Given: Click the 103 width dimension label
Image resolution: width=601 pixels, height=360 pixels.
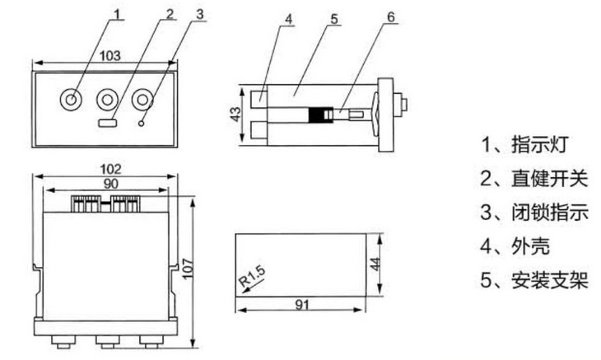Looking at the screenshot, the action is tap(110, 55).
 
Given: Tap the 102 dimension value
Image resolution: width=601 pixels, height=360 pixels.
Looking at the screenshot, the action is tap(110, 169).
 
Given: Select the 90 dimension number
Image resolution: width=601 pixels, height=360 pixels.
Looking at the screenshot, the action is tap(111, 184).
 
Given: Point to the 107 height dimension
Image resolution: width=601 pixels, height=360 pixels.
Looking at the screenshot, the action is tap(188, 269).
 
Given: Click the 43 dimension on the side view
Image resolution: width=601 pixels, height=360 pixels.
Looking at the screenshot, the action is tap(235, 114).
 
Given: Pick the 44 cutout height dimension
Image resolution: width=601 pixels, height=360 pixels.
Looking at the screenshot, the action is tap(375, 264).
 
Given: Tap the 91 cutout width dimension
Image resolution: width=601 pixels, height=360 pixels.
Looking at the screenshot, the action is tap(302, 305).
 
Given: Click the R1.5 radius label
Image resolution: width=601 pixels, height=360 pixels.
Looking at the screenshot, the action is tap(252, 276).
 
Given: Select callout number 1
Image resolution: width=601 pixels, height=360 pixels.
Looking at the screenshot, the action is tap(117, 14).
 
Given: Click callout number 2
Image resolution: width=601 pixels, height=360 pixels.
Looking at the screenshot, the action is tap(170, 14).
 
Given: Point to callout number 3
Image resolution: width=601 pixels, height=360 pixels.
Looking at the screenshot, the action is tap(200, 14).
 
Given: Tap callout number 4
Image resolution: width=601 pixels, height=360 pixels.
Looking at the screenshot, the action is tap(289, 19).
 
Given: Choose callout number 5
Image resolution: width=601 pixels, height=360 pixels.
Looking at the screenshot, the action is tap(334, 19).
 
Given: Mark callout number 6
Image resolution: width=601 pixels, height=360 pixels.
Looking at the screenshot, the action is tap(390, 16).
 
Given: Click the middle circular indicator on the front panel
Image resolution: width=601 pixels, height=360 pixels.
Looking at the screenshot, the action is tap(107, 100).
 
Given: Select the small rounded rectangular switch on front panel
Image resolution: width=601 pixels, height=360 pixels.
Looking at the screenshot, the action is tap(108, 123).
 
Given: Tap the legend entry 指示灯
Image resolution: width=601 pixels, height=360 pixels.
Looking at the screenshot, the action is tap(540, 144).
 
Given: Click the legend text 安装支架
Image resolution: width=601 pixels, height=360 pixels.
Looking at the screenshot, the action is tap(550, 280).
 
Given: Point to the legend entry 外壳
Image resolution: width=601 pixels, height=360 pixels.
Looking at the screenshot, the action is tap(531, 246).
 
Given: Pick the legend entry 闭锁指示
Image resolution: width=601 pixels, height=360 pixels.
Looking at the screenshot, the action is tap(550, 212).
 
